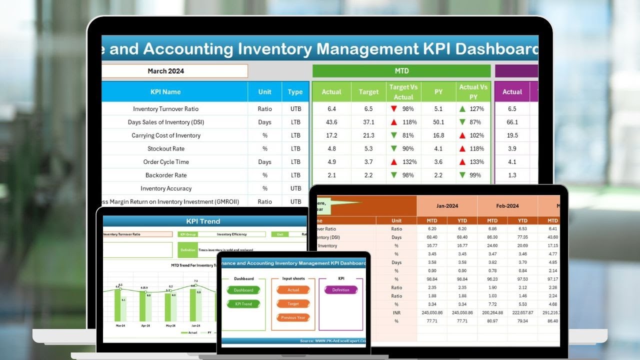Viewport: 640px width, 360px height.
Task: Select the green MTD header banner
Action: point(401,71)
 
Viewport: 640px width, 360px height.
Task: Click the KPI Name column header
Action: point(165,92)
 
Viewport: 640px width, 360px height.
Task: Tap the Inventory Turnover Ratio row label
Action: point(165,109)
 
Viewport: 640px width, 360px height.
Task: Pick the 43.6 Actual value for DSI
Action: point(331,122)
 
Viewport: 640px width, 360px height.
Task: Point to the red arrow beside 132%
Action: point(394,162)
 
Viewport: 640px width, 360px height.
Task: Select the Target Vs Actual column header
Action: point(403,92)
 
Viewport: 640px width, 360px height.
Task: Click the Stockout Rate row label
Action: point(165,148)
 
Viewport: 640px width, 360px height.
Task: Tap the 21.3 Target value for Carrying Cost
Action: point(368,135)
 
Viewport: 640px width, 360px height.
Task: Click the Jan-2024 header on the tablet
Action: point(446,205)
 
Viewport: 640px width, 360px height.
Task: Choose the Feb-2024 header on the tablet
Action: point(507,205)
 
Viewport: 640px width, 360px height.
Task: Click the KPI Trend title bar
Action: point(203,221)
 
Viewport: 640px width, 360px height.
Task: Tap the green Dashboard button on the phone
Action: point(243,290)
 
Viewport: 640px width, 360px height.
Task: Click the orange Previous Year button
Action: point(293,317)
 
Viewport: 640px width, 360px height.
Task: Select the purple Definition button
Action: point(340,290)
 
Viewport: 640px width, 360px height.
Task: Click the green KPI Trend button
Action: point(243,304)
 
